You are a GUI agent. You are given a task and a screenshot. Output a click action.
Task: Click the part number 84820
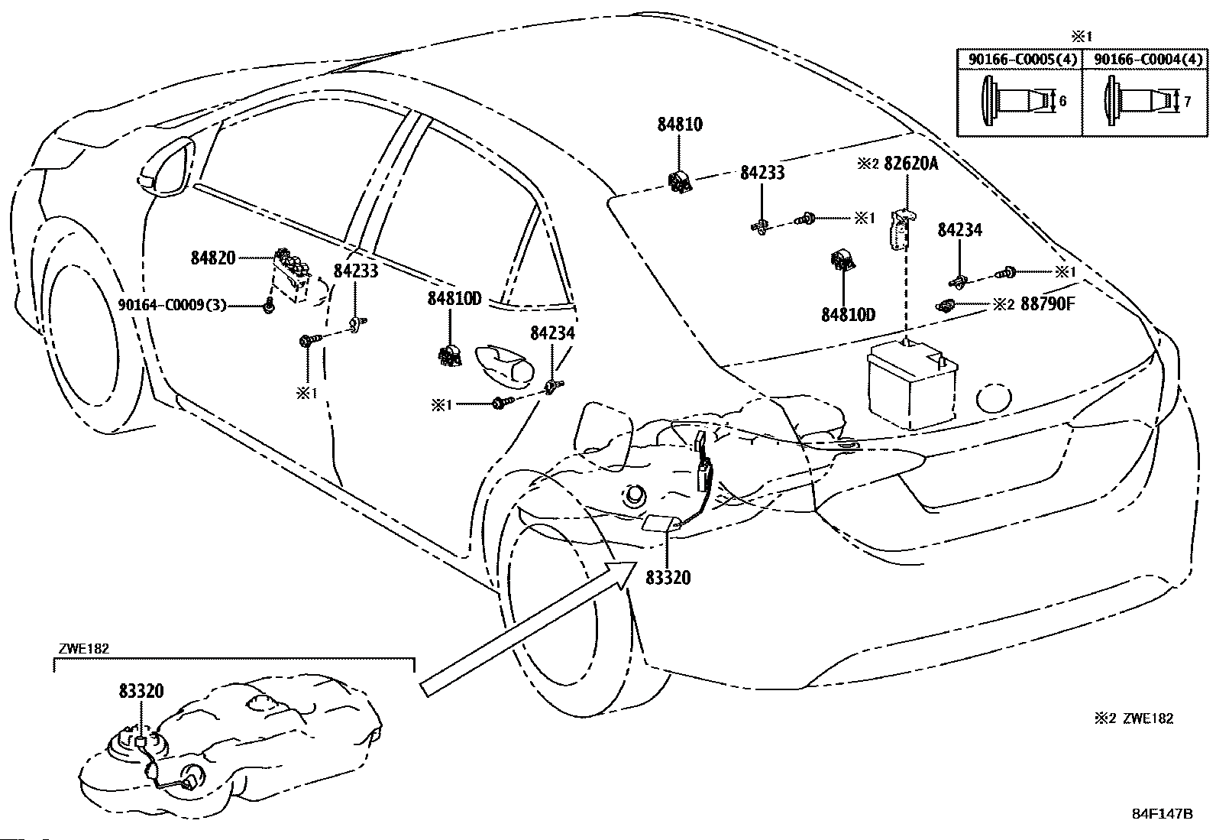pyautogui.click(x=213, y=258)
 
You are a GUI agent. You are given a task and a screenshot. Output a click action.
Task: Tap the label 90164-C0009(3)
pyautogui.click(x=172, y=305)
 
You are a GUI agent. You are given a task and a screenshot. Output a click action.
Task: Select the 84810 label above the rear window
pyautogui.click(x=680, y=125)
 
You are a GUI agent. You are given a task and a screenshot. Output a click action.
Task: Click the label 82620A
pyautogui.click(x=911, y=163)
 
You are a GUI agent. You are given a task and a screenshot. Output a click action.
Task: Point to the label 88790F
pyautogui.click(x=1048, y=303)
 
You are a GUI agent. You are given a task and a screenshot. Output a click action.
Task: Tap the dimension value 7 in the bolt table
pyautogui.click(x=1187, y=102)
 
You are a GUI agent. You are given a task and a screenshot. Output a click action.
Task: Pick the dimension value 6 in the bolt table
pyautogui.click(x=1062, y=101)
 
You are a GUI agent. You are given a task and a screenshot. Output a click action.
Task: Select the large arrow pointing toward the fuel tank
pyautogui.click(x=528, y=628)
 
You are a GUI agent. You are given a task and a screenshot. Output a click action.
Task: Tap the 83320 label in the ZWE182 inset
pyautogui.click(x=141, y=691)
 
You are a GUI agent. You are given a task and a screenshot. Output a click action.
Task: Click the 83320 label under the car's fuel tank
pyautogui.click(x=668, y=578)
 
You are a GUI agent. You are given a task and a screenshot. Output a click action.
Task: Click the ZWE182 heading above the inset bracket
pyautogui.click(x=83, y=648)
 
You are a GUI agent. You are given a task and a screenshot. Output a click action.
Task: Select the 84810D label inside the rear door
pyautogui.click(x=454, y=299)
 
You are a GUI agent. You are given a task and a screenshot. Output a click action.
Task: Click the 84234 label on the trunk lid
pyautogui.click(x=960, y=230)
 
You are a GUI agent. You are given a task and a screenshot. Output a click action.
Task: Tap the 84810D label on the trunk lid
pyautogui.click(x=849, y=315)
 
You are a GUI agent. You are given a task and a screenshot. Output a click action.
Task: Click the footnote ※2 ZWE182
pyautogui.click(x=1134, y=718)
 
